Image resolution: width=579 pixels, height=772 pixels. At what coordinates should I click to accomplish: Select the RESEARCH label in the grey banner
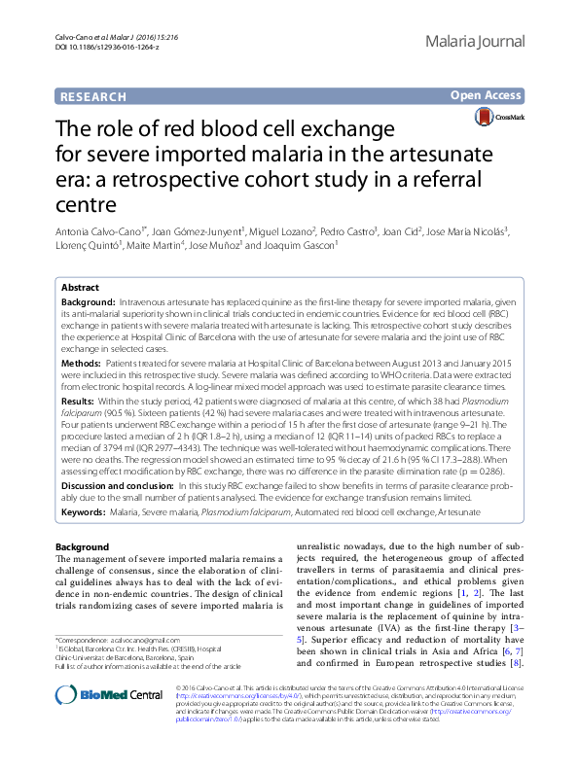[x=93, y=96]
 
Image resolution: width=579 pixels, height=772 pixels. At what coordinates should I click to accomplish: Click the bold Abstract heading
[x=80, y=288]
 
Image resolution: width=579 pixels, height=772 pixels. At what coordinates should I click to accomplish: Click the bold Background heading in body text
[x=83, y=546]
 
